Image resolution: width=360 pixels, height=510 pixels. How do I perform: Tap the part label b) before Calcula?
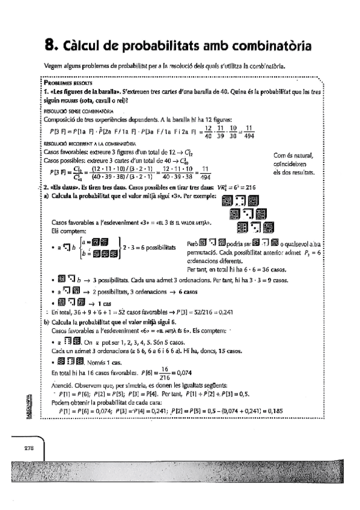[47, 322]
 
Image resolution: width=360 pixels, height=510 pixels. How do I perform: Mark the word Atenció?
[63, 386]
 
